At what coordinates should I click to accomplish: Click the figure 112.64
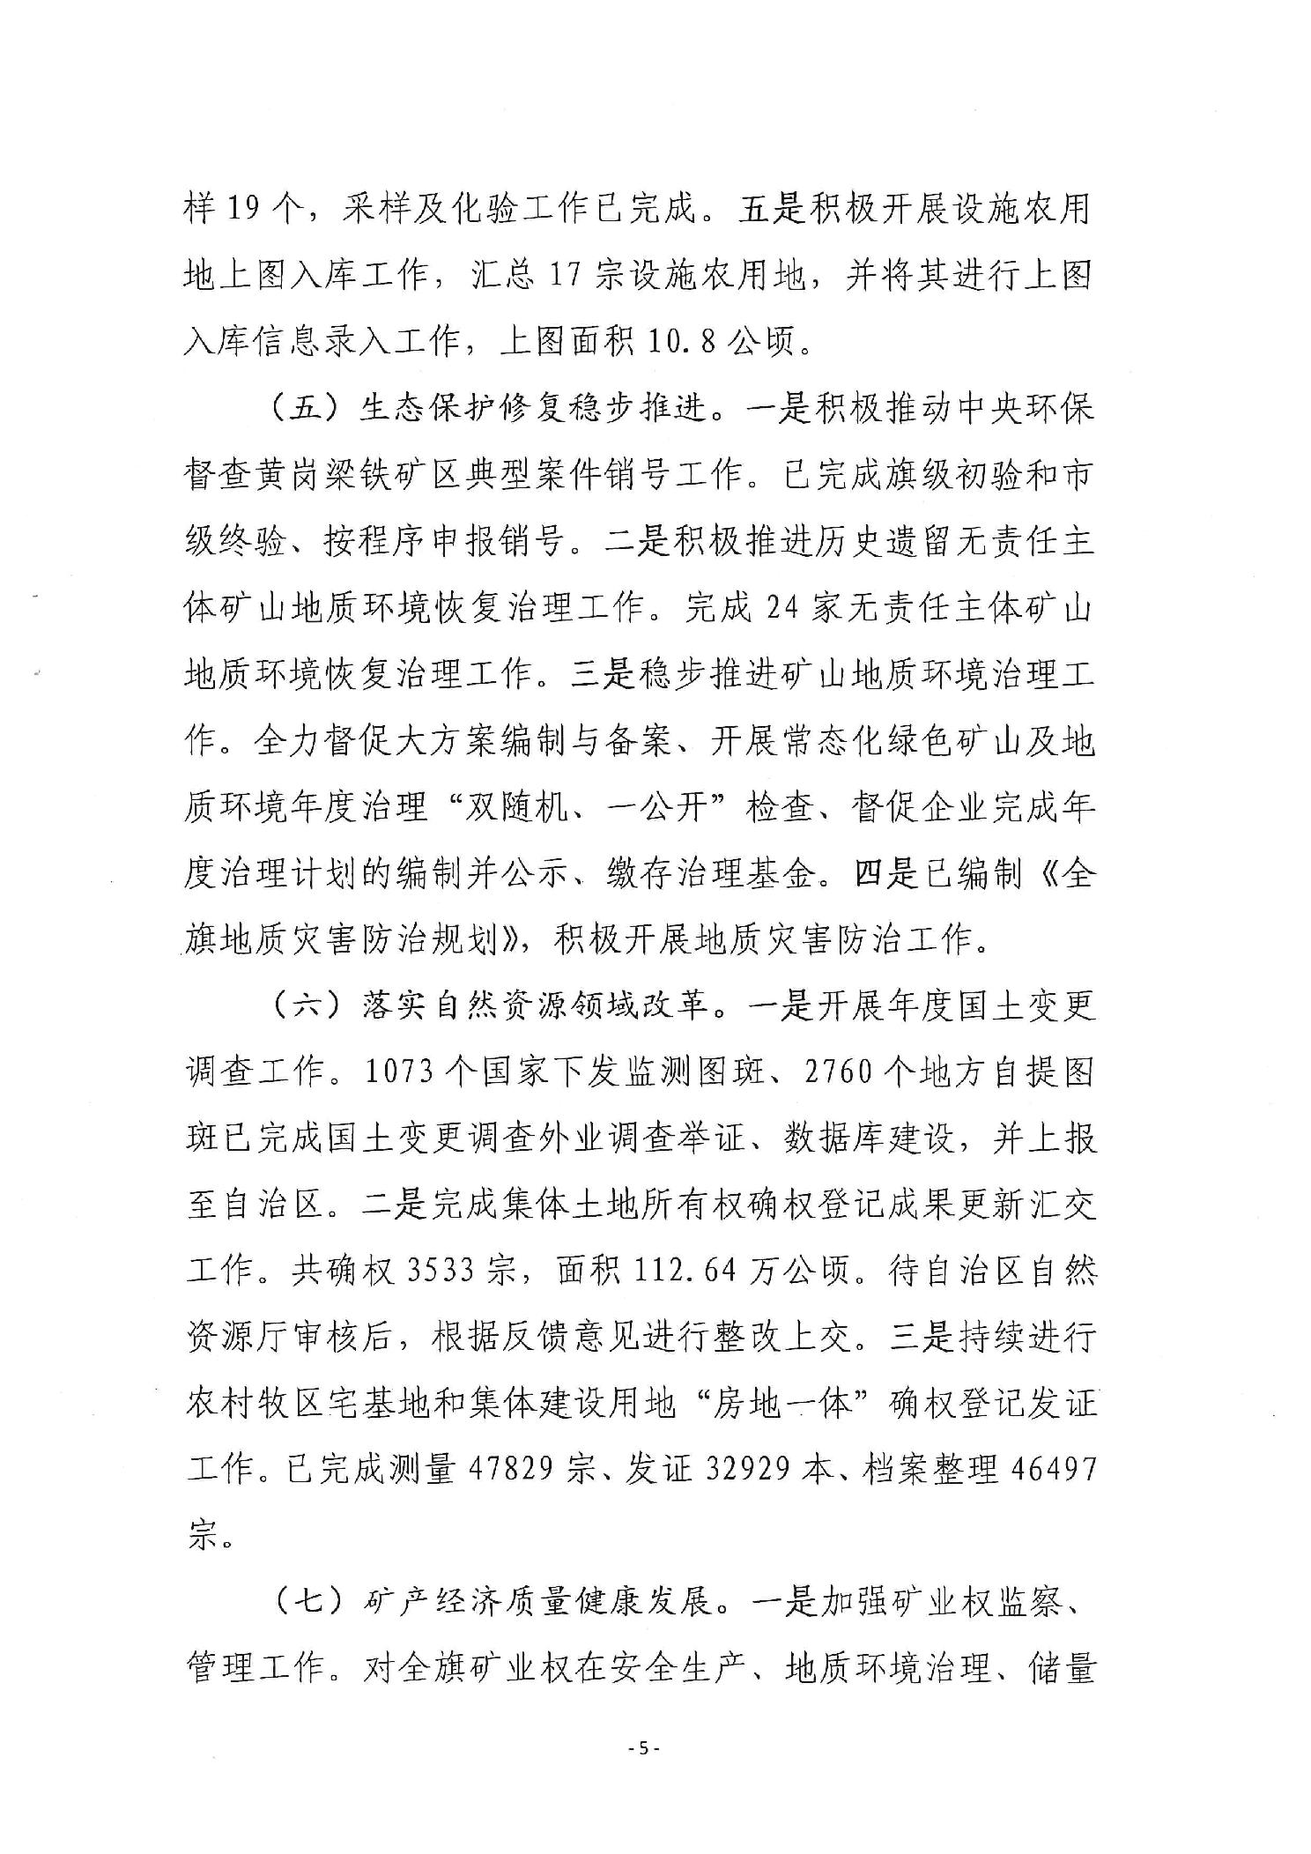click(685, 1272)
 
